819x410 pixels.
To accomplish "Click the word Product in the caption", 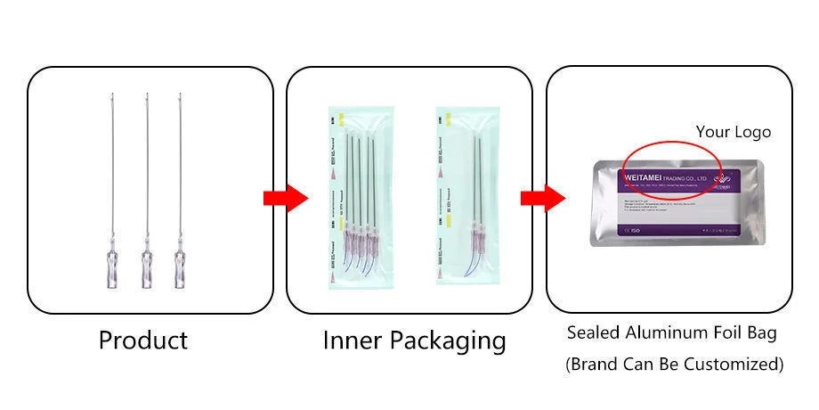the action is coord(142,340).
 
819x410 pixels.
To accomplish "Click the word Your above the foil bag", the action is coord(713,132).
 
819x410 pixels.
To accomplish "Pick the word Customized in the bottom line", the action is coord(731,364).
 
